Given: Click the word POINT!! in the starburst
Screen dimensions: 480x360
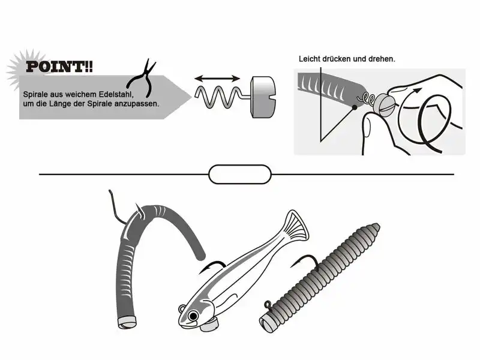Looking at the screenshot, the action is [59, 67].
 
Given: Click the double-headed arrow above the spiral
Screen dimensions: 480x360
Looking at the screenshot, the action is [217, 79].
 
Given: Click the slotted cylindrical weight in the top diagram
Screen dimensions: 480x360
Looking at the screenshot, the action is [263, 97].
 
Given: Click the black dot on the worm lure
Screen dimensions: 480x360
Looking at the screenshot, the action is [355, 107].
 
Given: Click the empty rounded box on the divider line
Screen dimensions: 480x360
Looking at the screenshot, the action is [239, 175].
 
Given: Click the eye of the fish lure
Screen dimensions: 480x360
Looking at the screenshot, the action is [193, 316].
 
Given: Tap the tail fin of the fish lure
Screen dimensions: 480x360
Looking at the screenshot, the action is [295, 226].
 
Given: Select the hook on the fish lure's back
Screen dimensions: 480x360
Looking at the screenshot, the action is [213, 266].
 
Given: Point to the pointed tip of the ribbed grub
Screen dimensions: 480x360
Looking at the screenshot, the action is [377, 227].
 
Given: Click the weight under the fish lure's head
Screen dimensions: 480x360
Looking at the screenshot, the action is [209, 325].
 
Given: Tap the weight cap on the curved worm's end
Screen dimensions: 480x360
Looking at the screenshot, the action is [127, 322].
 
